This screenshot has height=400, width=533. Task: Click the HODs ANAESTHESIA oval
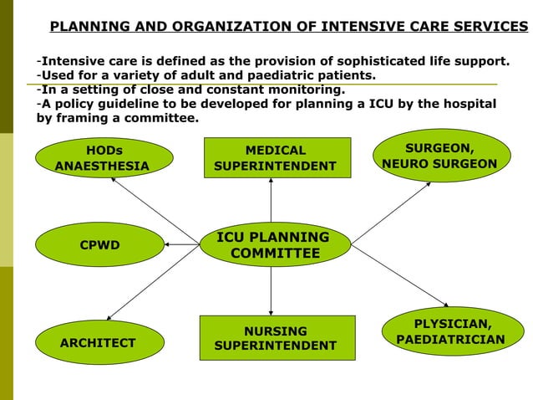point(103,158)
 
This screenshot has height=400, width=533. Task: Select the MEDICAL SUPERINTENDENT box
point(275,158)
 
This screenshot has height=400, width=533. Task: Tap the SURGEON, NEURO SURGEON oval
point(439,156)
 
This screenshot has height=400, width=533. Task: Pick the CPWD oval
point(99,245)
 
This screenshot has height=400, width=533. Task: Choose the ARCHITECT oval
point(98,343)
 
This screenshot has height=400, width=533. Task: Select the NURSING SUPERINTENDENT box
point(275,338)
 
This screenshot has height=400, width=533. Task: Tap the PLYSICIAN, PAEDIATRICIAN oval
point(452,331)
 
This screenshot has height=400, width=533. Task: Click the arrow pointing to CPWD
point(182,244)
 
